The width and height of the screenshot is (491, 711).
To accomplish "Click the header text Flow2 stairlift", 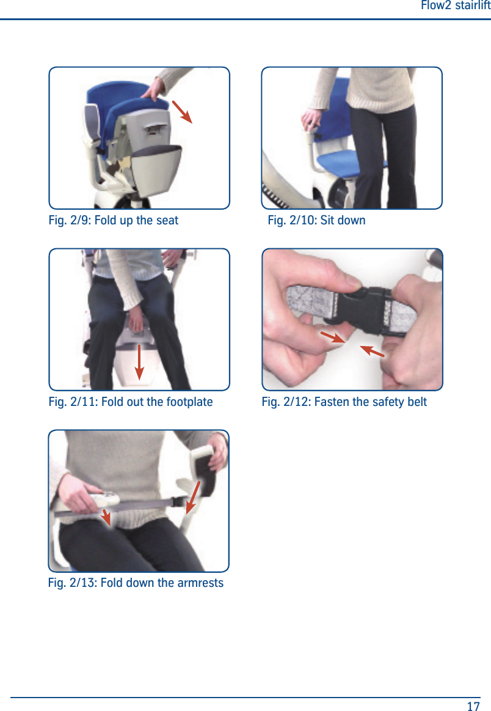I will pos(455,6).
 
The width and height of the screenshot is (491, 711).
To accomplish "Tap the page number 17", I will pos(473,706).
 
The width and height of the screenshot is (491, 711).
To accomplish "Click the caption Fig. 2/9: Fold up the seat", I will pos(114,220).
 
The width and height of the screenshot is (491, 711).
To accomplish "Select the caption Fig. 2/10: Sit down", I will pos(316,220).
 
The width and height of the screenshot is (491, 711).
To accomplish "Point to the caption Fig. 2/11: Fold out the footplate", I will pos(131,402).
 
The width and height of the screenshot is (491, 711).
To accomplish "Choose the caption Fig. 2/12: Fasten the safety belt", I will pos(344,402).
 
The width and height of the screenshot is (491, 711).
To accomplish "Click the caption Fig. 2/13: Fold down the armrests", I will pos(136,583).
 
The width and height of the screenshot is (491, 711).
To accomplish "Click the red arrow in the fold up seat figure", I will pos(182,112).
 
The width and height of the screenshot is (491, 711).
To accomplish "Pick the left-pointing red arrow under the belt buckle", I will pos(371,350).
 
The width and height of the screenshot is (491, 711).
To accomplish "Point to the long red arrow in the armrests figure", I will pos(194,497).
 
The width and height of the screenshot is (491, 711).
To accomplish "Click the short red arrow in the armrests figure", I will pos(106,517).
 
